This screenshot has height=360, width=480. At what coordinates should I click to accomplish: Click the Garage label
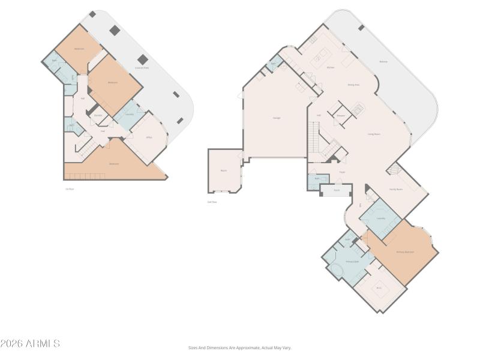tap(277, 118)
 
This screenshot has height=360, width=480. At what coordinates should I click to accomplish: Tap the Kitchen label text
tap(330, 67)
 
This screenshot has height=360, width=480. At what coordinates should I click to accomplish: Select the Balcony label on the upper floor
tap(383, 61)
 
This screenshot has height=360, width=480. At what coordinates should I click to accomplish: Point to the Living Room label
tap(374, 134)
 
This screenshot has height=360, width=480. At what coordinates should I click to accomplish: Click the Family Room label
tap(395, 189)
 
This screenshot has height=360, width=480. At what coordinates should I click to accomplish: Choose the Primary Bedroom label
tap(405, 252)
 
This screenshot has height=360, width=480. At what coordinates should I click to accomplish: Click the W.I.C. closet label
tap(379, 288)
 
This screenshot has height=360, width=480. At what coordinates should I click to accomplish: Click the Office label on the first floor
tap(149, 137)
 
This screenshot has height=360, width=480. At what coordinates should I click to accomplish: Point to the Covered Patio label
tap(142, 68)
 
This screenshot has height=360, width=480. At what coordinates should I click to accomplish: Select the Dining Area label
tap(353, 85)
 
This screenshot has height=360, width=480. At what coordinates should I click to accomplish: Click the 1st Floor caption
tap(70, 189)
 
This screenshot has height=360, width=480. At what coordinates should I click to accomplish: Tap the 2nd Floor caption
tap(212, 202)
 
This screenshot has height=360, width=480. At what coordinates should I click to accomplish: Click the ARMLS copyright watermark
tap(30, 344)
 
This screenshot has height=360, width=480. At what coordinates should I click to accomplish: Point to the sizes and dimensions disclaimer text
tap(239, 347)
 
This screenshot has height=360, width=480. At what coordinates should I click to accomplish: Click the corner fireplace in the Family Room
tap(394, 170)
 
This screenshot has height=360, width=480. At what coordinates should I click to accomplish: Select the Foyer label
tap(342, 172)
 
